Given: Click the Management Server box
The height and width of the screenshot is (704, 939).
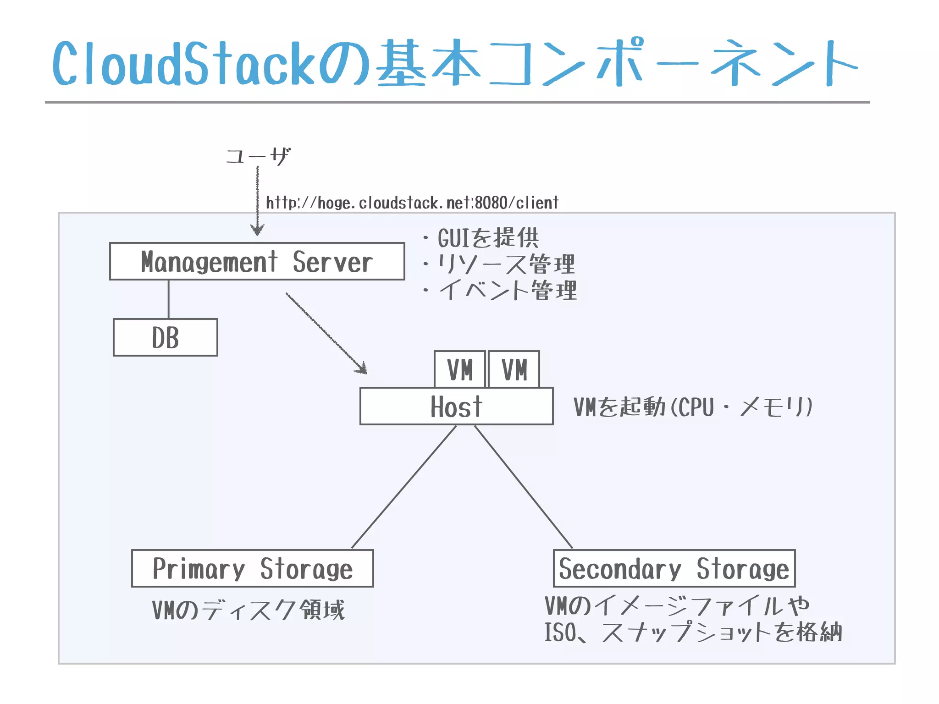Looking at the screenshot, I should [257, 261].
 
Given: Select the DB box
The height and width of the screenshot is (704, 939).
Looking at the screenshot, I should [165, 337].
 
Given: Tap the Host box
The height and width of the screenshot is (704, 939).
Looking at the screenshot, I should [456, 406].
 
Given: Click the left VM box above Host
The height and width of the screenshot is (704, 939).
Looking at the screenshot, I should [459, 369].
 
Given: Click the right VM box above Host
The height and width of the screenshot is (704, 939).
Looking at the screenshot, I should [514, 369].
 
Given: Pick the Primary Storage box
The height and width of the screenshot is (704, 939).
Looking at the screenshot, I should [252, 568].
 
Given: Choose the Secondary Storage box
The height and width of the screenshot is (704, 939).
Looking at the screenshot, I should [674, 568].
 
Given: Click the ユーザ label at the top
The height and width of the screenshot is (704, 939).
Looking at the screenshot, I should [258, 156].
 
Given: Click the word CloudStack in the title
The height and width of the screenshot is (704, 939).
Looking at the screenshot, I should [183, 64].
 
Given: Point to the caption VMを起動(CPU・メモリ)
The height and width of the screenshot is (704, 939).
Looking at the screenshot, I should [692, 407].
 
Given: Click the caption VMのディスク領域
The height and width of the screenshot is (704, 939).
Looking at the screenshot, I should [248, 610].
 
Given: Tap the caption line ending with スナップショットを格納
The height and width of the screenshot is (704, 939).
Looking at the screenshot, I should [692, 632].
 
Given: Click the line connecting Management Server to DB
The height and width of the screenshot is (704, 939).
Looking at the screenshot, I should [168, 299].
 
